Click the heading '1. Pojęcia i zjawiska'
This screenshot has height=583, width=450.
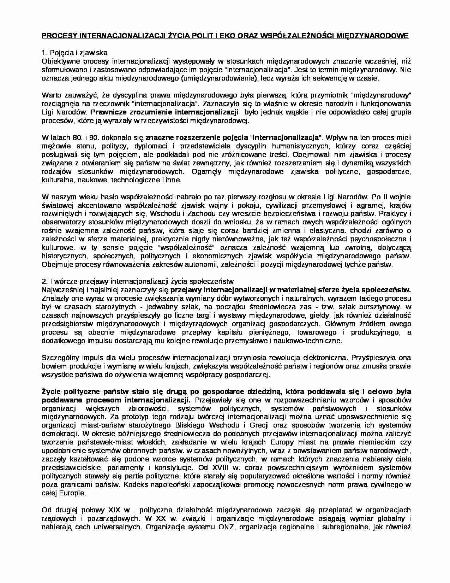point(74,53)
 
